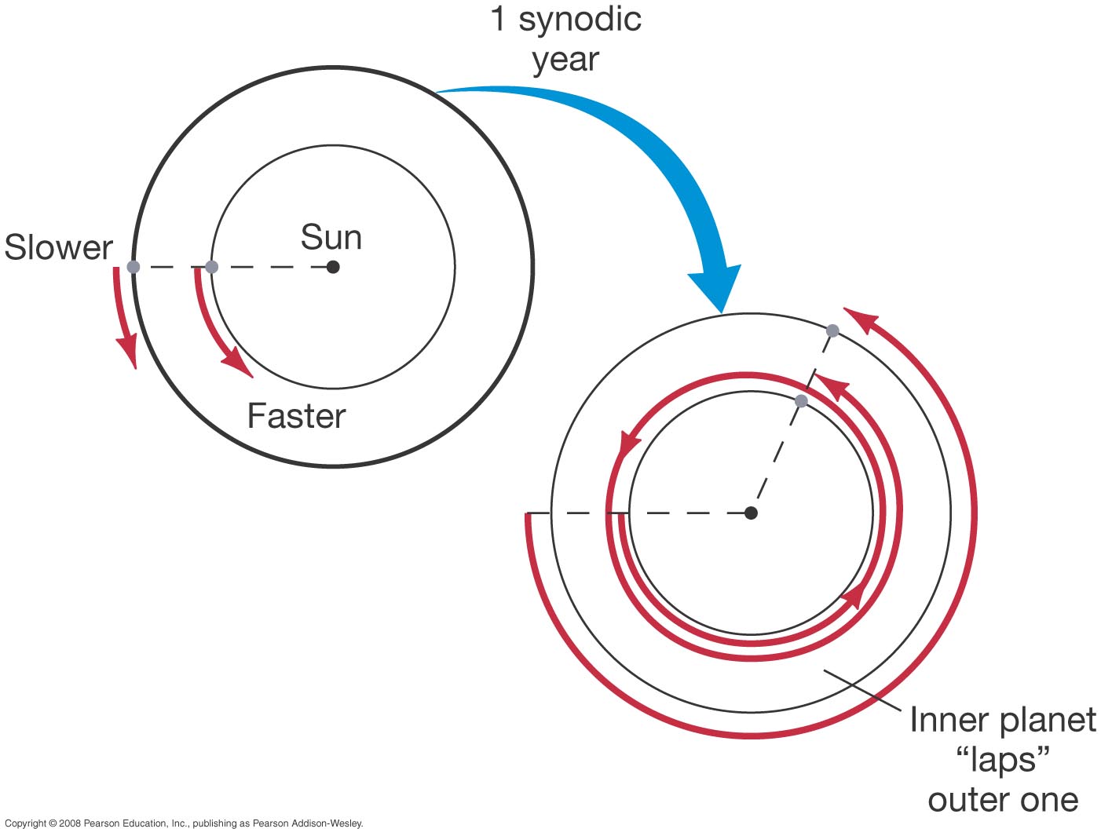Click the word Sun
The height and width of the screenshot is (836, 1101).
(331, 238)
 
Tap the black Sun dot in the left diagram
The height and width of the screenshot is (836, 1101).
(333, 267)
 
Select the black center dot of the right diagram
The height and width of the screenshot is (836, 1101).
(751, 513)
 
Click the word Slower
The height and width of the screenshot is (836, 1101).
(59, 247)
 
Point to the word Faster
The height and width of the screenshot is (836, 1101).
(296, 416)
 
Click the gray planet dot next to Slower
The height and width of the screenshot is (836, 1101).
(134, 267)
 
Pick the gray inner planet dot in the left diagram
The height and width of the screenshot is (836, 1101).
(211, 267)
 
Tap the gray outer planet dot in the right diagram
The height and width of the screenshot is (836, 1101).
(832, 330)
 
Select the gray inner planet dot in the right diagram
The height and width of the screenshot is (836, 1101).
(801, 401)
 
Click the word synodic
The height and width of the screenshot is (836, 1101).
(580, 20)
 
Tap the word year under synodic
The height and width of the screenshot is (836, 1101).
(565, 60)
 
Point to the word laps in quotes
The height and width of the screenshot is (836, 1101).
(1003, 760)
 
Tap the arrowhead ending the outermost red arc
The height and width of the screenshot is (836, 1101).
(860, 319)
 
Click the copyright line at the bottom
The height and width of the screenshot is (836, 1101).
(184, 823)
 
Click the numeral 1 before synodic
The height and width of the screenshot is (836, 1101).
(498, 20)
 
